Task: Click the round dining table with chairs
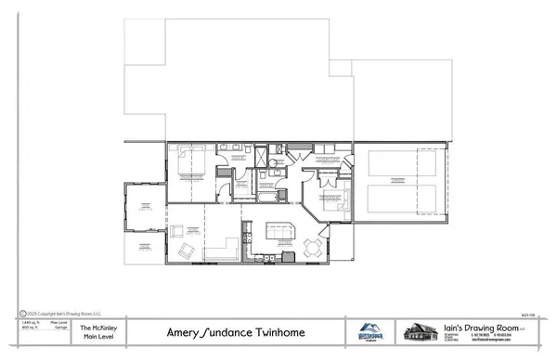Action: coord(313,248)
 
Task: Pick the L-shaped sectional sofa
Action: coord(223,249)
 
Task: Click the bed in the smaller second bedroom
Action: coord(330,197)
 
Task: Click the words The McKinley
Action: coord(97,327)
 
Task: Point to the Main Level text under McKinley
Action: coord(97,337)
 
